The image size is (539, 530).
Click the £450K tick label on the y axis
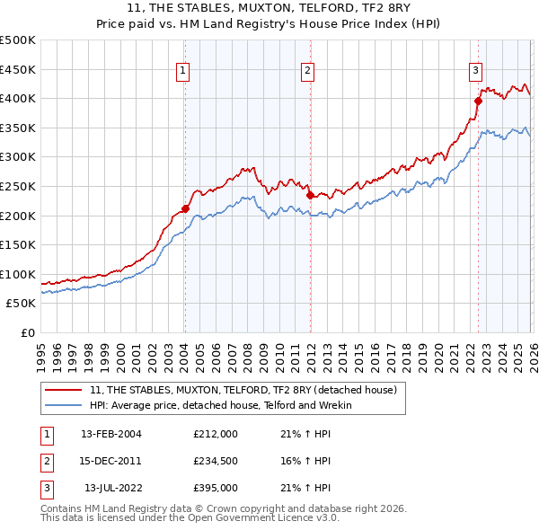click(x=18, y=69)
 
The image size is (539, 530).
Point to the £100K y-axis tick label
click(x=18, y=274)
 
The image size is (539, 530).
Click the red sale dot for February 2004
click(x=185, y=209)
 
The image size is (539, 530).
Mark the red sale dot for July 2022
click(x=478, y=101)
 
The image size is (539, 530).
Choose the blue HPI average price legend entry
click(x=221, y=405)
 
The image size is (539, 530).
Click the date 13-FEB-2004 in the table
click(x=110, y=434)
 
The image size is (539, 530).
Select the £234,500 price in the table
click(x=215, y=461)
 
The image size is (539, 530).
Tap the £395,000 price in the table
click(x=215, y=488)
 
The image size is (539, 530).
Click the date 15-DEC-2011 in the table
click(x=110, y=461)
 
